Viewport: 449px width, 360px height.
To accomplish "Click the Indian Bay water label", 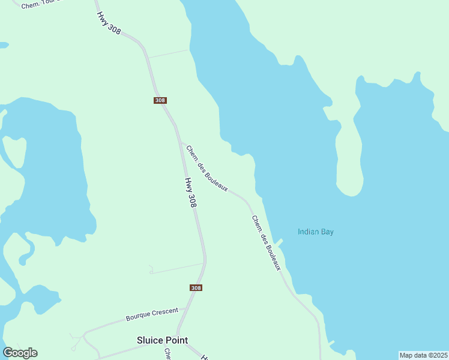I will [x=316, y=232].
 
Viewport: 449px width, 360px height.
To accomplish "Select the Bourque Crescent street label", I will [x=152, y=314].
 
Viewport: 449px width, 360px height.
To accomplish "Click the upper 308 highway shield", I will [x=160, y=100].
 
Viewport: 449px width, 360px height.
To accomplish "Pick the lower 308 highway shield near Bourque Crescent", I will [x=196, y=288].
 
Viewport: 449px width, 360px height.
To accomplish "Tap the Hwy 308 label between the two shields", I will [x=190, y=192].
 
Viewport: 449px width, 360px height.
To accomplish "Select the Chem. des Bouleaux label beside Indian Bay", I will [x=266, y=242].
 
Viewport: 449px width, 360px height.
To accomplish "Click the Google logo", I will [x=20, y=353].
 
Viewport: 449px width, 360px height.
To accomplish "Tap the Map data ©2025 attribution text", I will [x=423, y=355].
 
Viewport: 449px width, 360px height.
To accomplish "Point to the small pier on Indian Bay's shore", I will [x=279, y=242].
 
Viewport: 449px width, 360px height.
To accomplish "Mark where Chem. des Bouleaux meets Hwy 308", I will [x=179, y=142].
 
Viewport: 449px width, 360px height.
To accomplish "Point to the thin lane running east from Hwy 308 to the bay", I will [x=169, y=53].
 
